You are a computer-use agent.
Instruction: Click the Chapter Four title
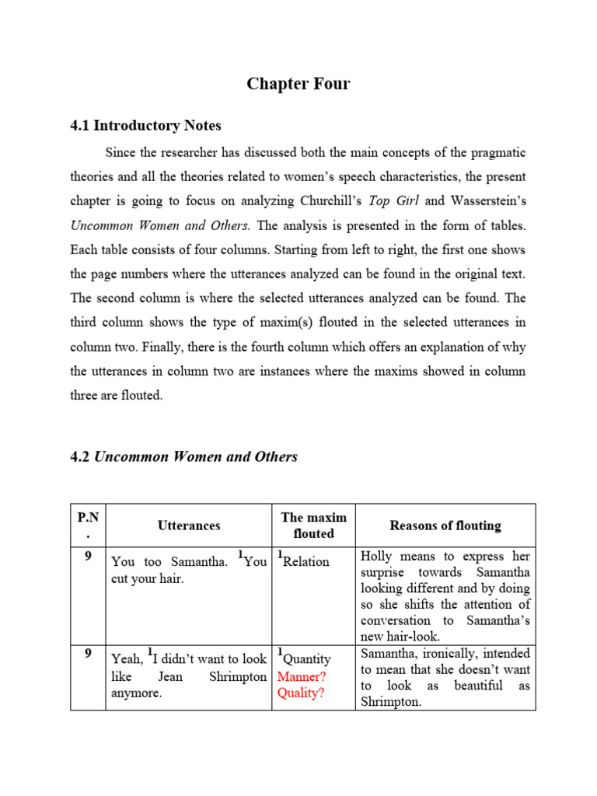(298, 84)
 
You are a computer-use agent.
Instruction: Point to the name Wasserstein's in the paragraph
(487, 201)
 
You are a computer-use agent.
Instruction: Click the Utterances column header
(189, 525)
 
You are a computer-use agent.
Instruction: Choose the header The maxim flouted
(313, 525)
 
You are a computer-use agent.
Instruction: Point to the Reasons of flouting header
(445, 525)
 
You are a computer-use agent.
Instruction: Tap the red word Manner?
(302, 676)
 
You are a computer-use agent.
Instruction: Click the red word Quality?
(302, 693)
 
